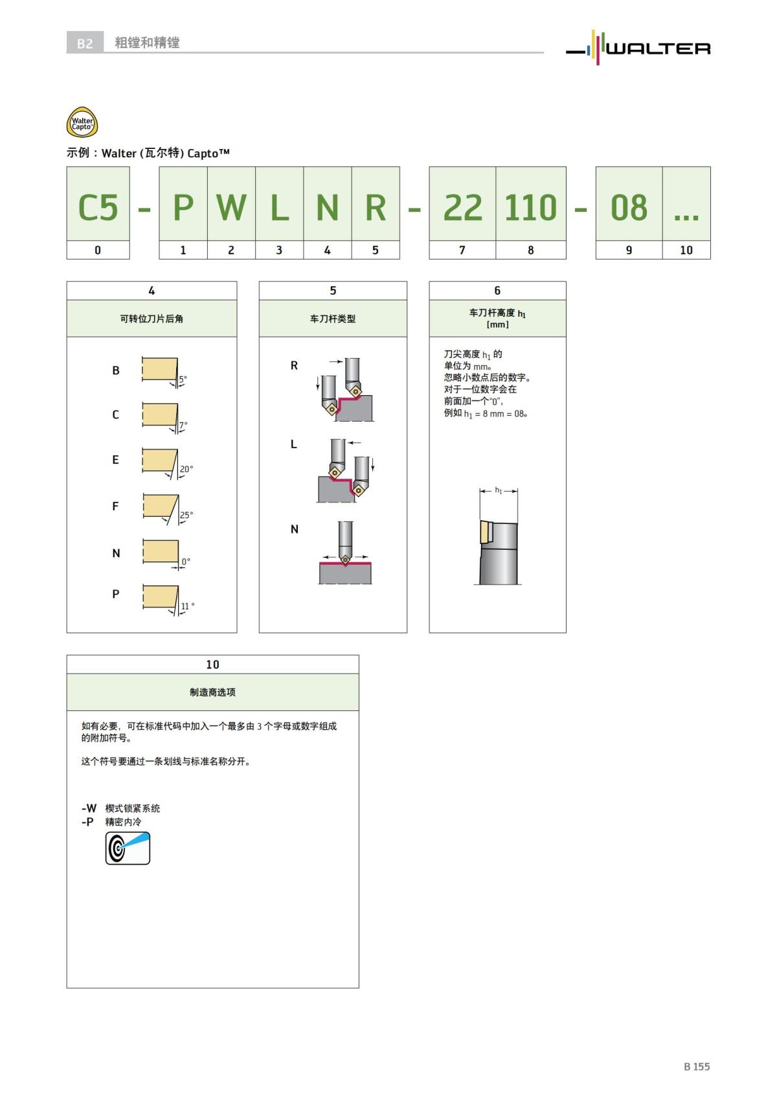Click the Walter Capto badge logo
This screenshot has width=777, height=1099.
pyautogui.click(x=82, y=122)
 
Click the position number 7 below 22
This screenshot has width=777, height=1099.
pyautogui.click(x=462, y=250)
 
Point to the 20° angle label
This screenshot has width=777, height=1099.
pyautogui.click(x=186, y=469)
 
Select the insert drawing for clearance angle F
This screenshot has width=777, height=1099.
pyautogui.click(x=161, y=507)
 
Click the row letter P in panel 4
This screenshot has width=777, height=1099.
pyautogui.click(x=116, y=594)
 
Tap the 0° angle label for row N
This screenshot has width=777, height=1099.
pyautogui.click(x=186, y=561)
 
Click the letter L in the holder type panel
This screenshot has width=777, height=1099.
pyautogui.click(x=293, y=444)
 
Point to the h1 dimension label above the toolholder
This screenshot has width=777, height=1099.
pyautogui.click(x=499, y=490)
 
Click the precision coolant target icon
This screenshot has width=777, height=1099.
pyautogui.click(x=128, y=848)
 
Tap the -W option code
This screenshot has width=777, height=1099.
pyautogui.click(x=89, y=808)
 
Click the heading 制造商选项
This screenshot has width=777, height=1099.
pyautogui.click(x=212, y=692)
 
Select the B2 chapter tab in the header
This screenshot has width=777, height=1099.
pyautogui.click(x=85, y=43)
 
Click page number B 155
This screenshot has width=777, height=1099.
pyautogui.click(x=697, y=1066)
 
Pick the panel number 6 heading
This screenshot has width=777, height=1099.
pyautogui.click(x=497, y=291)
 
